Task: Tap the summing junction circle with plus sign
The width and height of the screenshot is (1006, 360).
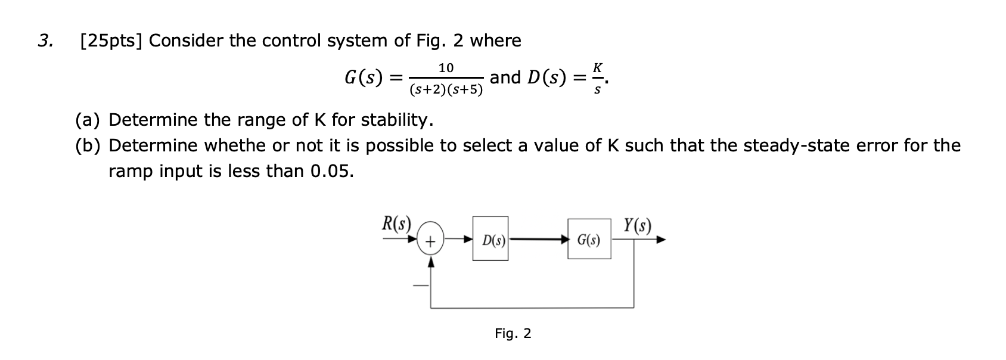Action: [x=430, y=241]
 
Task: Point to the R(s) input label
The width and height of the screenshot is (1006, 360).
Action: [x=396, y=224]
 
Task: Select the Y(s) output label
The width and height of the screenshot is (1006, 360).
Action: [x=637, y=225]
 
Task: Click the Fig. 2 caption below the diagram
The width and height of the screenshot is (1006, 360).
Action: [x=513, y=333]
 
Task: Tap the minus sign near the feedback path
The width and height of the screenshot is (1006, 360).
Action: [x=421, y=285]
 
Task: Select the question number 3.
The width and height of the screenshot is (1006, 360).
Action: [x=44, y=41]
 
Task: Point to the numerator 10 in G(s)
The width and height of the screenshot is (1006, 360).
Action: [x=446, y=68]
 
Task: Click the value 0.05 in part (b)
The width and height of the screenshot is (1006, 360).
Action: [x=331, y=171]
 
